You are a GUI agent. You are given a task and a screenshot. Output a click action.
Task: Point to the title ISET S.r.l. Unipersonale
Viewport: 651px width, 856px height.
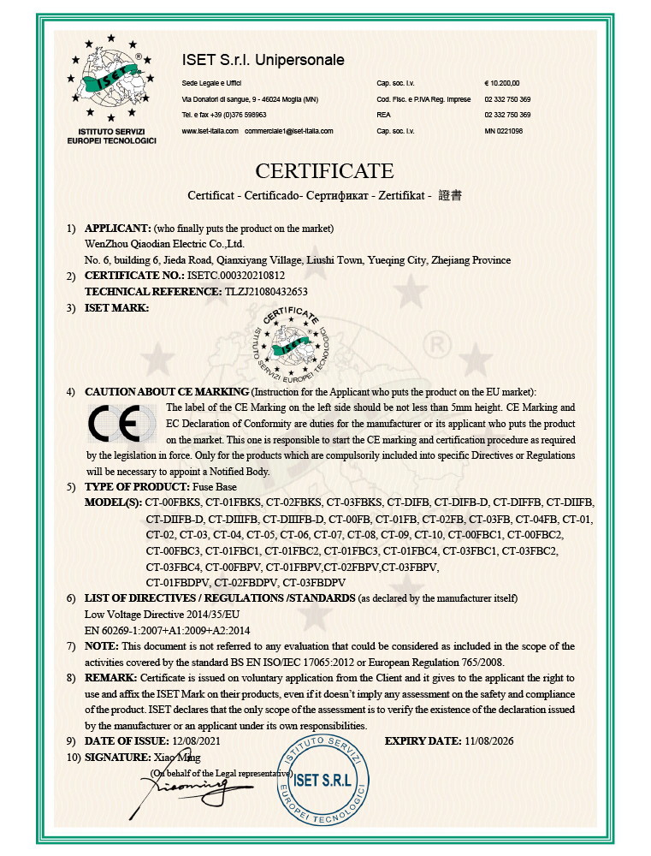tap(263, 60)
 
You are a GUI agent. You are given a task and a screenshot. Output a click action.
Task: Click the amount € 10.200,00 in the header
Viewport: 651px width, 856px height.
tap(501, 83)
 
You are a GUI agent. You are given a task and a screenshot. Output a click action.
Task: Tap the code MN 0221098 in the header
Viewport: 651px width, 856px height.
tap(503, 131)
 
